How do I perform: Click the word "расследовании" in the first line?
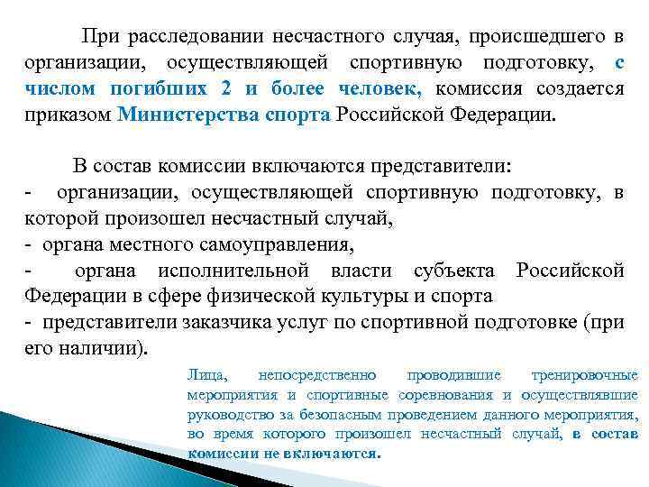point(185,37)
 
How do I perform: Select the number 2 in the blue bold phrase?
point(223,89)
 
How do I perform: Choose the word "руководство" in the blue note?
point(231,415)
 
